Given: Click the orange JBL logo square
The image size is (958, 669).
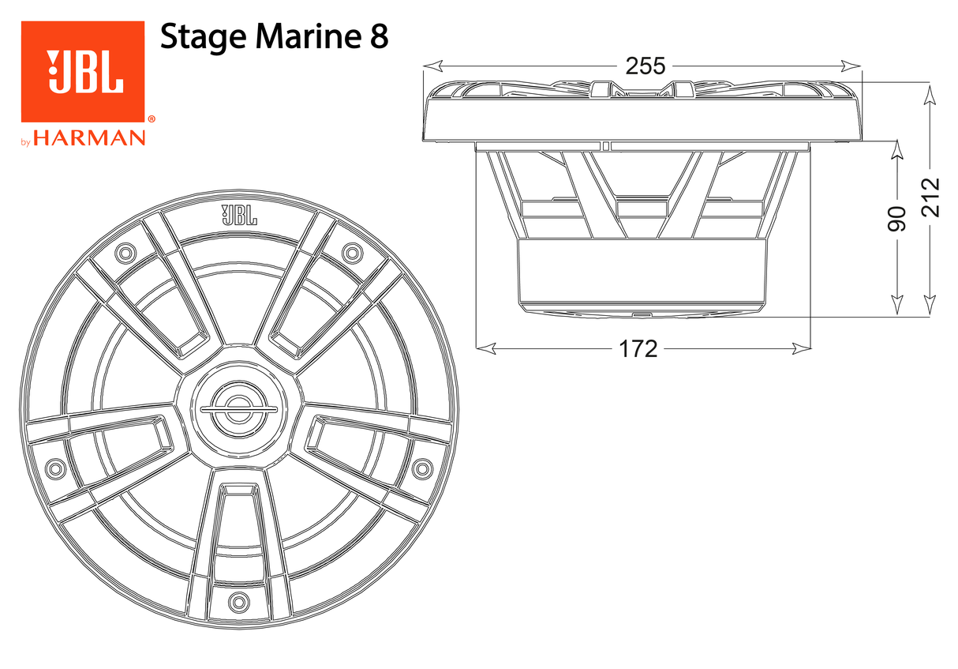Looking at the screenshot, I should (82, 71).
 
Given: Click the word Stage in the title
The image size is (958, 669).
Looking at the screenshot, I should (194, 38).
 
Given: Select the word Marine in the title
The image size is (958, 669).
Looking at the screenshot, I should (298, 38).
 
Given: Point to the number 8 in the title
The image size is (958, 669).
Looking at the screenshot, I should (378, 38).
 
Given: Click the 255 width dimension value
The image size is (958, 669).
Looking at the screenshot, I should (646, 66).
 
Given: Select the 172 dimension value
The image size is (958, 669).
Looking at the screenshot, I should (638, 348).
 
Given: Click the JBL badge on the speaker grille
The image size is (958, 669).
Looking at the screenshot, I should (238, 215).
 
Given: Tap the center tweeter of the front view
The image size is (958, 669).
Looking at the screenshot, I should (238, 409).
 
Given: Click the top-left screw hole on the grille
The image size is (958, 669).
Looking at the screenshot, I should (125, 253).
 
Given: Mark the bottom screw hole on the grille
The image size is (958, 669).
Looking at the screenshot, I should (238, 602).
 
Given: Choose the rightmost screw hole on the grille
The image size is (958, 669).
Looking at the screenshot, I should (421, 468).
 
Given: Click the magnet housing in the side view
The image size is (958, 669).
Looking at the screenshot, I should (641, 272).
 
